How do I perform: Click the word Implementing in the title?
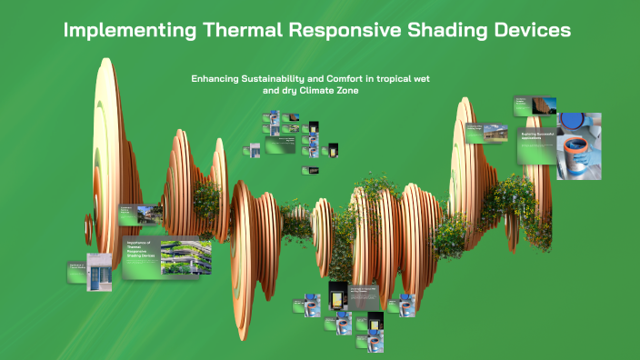tap(126, 30)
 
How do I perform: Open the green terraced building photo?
tap(185, 257)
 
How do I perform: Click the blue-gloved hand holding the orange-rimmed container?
tap(575, 142)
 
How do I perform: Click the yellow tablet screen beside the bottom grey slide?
tap(338, 297)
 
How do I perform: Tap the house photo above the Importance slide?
tap(145, 215)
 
